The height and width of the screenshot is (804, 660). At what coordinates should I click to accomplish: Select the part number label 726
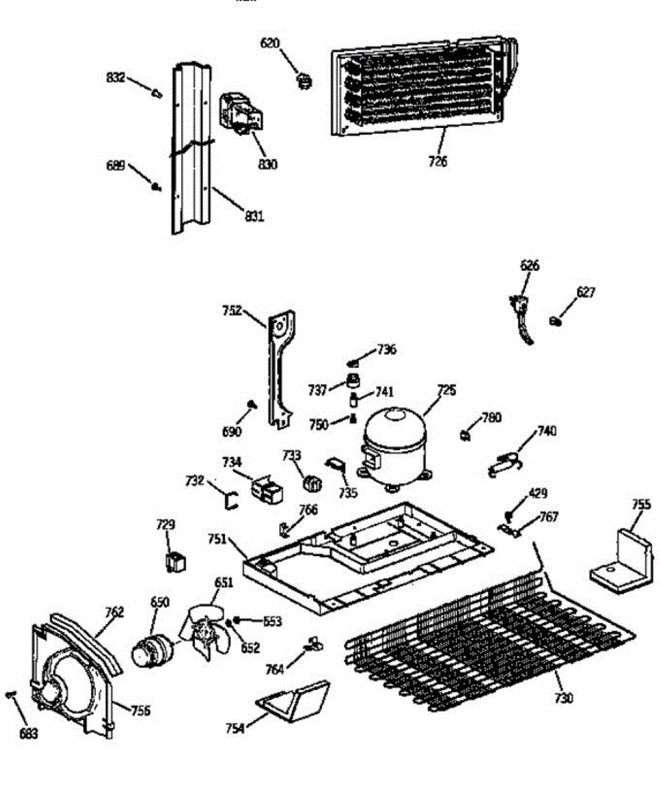[439, 161]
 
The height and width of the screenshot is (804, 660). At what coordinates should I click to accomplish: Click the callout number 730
[564, 698]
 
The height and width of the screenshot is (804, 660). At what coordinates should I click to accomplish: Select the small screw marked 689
[157, 187]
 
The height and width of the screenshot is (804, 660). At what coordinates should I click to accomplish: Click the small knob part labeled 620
[305, 81]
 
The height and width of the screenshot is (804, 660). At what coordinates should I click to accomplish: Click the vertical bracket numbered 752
[281, 368]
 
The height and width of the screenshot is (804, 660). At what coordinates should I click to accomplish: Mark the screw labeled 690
[253, 404]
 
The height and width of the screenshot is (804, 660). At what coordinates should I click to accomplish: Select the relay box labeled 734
[266, 491]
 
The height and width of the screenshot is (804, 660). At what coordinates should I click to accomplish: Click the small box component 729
[176, 561]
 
